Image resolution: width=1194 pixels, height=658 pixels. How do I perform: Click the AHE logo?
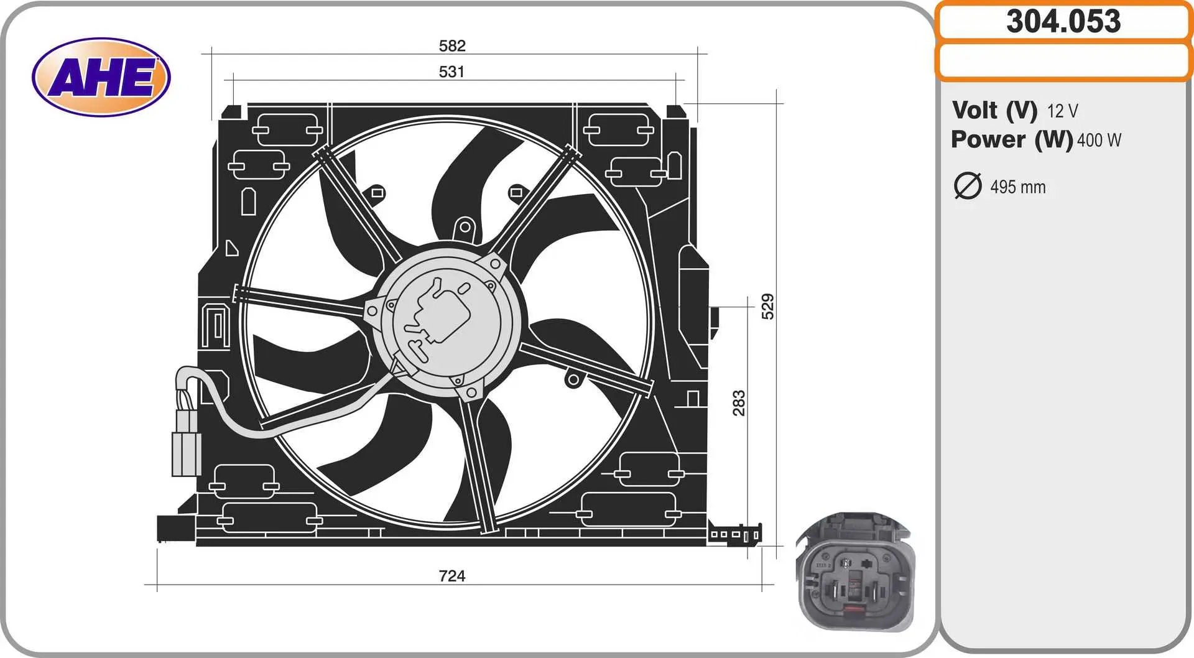point(101,77)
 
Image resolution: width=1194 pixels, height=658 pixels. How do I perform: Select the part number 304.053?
point(1063,21)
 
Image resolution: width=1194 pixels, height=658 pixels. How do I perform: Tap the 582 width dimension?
point(452,45)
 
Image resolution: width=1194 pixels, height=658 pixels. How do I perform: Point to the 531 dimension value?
point(451,72)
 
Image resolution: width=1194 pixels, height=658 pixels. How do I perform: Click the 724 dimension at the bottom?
point(452,576)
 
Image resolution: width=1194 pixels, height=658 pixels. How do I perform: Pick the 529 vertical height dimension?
point(768,307)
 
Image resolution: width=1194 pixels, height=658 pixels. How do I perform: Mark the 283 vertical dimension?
point(738,403)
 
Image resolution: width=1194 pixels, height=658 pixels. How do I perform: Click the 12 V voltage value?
point(1062,111)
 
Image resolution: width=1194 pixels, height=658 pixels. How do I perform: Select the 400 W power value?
point(1099,141)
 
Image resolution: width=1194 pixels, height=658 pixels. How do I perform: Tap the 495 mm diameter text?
point(1018,187)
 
